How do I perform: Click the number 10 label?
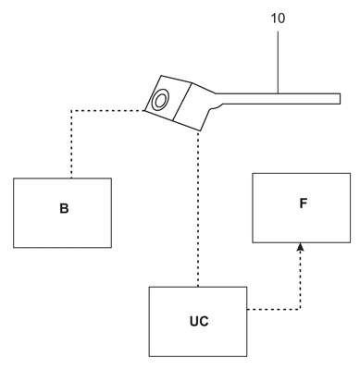click(x=278, y=18)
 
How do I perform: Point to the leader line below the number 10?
click(x=278, y=62)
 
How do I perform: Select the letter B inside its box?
click(x=64, y=209)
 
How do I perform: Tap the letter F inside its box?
click(x=303, y=203)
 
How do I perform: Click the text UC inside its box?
click(x=199, y=321)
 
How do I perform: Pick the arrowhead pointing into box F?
click(x=301, y=247)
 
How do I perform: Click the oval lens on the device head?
click(x=160, y=100)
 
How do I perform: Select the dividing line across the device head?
click(x=182, y=102)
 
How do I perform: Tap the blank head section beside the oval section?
click(x=192, y=106)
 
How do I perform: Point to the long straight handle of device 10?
click(x=278, y=99)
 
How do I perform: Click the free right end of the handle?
click(x=340, y=99)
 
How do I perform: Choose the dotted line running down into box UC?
click(x=198, y=209)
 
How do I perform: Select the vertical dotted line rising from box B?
click(x=71, y=144)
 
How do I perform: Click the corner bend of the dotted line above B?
click(x=71, y=110)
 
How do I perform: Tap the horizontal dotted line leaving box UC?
click(x=273, y=309)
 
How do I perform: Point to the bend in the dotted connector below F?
click(x=300, y=309)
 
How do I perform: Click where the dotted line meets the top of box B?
click(x=71, y=179)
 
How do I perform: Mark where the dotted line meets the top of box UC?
click(x=198, y=287)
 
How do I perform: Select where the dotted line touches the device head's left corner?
click(x=145, y=110)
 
